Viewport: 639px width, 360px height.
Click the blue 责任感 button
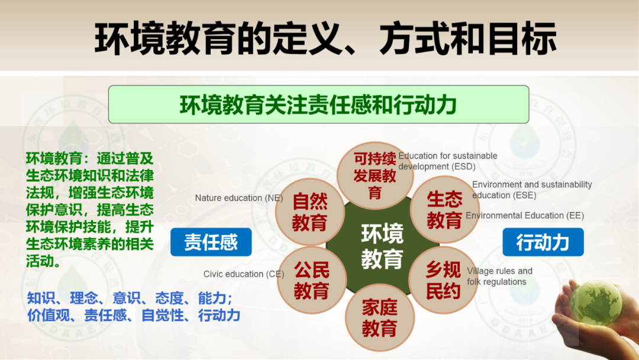tap(211, 242)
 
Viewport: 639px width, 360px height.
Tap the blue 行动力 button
tap(543, 242)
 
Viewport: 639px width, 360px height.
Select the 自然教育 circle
tap(309, 212)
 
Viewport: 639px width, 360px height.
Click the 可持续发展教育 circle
tap(375, 175)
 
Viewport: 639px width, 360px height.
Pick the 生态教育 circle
tap(444, 210)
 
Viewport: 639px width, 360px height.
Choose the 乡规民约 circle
tap(443, 280)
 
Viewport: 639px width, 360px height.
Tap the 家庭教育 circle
tap(380, 317)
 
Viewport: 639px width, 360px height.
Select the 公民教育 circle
tap(312, 280)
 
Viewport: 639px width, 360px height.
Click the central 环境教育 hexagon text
tap(382, 246)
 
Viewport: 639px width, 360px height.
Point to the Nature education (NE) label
tap(239, 198)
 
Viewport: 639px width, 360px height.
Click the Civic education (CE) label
tap(244, 274)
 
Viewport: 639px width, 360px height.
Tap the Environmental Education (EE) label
tap(525, 216)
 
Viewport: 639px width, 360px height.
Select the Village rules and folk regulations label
tap(499, 277)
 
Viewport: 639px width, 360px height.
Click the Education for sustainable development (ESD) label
tap(448, 161)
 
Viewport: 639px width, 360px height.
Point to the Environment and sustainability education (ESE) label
tap(532, 189)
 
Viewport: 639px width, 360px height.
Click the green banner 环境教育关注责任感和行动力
tap(319, 104)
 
